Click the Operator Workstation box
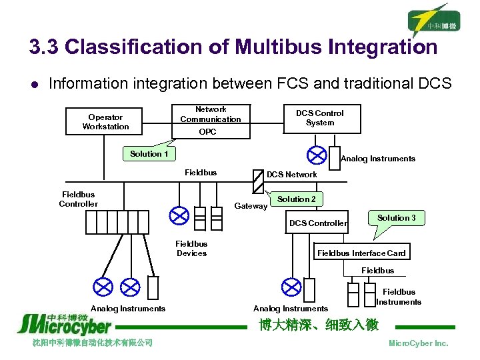click(x=106, y=121)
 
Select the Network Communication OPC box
click(x=210, y=121)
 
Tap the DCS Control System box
click(x=320, y=118)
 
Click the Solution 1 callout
click(x=149, y=153)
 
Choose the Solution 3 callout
click(x=396, y=219)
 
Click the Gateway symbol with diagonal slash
click(x=259, y=180)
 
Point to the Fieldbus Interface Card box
click(x=361, y=253)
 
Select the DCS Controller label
click(x=318, y=223)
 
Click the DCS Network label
click(x=292, y=175)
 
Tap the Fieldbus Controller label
click(x=78, y=199)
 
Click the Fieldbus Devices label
click(x=191, y=249)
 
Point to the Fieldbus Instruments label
click(x=399, y=297)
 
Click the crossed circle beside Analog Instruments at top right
click(x=315, y=155)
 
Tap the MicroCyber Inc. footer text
click(x=418, y=343)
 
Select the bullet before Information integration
click(x=33, y=84)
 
